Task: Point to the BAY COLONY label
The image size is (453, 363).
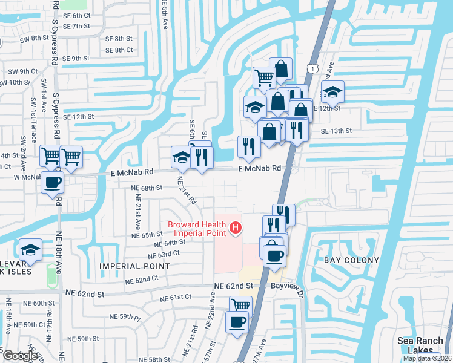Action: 352,260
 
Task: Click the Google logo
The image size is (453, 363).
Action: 19,355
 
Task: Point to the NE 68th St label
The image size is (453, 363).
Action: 147,188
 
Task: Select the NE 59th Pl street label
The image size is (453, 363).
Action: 125,317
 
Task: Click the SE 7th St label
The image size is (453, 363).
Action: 76,26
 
